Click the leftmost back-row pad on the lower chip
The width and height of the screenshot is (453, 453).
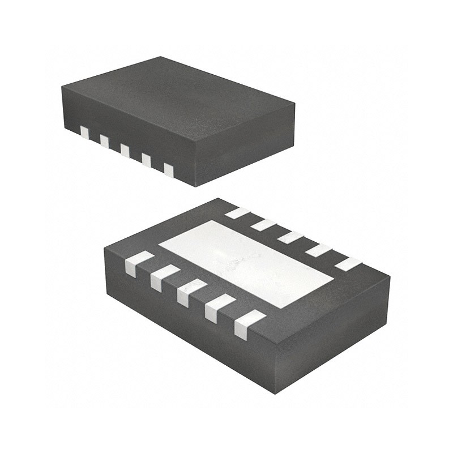pos(238,213)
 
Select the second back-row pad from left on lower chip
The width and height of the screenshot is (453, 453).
pos(263,225)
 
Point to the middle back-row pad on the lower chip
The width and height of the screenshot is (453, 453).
pos(290,237)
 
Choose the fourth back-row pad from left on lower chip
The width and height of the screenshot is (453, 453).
pos(318,250)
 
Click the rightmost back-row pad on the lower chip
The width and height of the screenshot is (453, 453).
pos(347,263)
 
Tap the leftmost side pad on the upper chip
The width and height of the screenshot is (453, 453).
pos(85,133)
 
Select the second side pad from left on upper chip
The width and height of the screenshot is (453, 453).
pos(104,140)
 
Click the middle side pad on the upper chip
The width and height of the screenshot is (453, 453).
pos(125,149)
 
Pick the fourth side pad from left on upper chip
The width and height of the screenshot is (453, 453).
pos(146,160)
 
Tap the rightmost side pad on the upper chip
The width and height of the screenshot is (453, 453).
pos(168,169)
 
